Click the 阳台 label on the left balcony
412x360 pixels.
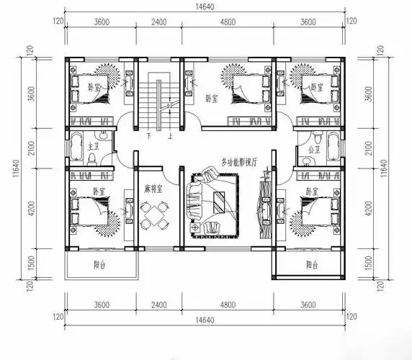101,265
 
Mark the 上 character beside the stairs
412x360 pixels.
169,135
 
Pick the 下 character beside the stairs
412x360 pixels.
148,135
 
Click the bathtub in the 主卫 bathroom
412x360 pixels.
74,147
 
